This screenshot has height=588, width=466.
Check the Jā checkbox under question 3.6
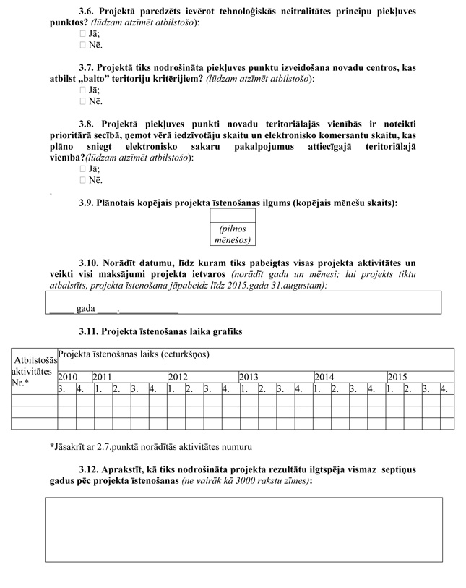[x=82, y=34]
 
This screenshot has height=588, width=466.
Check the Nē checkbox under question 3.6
[x=82, y=45]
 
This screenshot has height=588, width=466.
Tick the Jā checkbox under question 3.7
[x=82, y=90]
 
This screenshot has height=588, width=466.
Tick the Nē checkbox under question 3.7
[x=82, y=101]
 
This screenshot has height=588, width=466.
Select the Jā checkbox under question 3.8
[x=82, y=169]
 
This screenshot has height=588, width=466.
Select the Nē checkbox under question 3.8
[x=82, y=180]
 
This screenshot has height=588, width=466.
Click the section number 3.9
[x=87, y=203]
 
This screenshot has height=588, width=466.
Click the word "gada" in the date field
[x=85, y=308]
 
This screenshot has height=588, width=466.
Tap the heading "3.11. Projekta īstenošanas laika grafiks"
[x=160, y=331]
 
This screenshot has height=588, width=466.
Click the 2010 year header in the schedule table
[x=67, y=378]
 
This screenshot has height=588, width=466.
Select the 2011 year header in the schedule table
[x=102, y=378]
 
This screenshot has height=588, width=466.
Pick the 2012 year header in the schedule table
[x=178, y=378]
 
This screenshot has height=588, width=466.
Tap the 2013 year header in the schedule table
[x=249, y=378]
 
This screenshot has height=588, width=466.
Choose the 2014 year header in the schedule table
[x=324, y=378]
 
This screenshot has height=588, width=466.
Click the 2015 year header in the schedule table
[x=397, y=378]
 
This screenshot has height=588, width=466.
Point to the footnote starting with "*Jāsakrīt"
[x=152, y=446]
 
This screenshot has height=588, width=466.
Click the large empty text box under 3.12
[x=243, y=529]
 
